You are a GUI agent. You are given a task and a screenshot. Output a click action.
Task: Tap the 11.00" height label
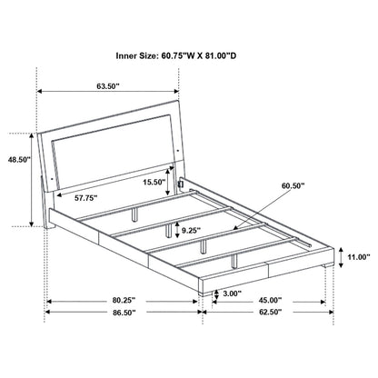[357, 259]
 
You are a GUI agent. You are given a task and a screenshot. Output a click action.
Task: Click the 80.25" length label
[124, 300]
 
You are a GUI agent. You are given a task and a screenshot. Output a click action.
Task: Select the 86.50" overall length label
[124, 312]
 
